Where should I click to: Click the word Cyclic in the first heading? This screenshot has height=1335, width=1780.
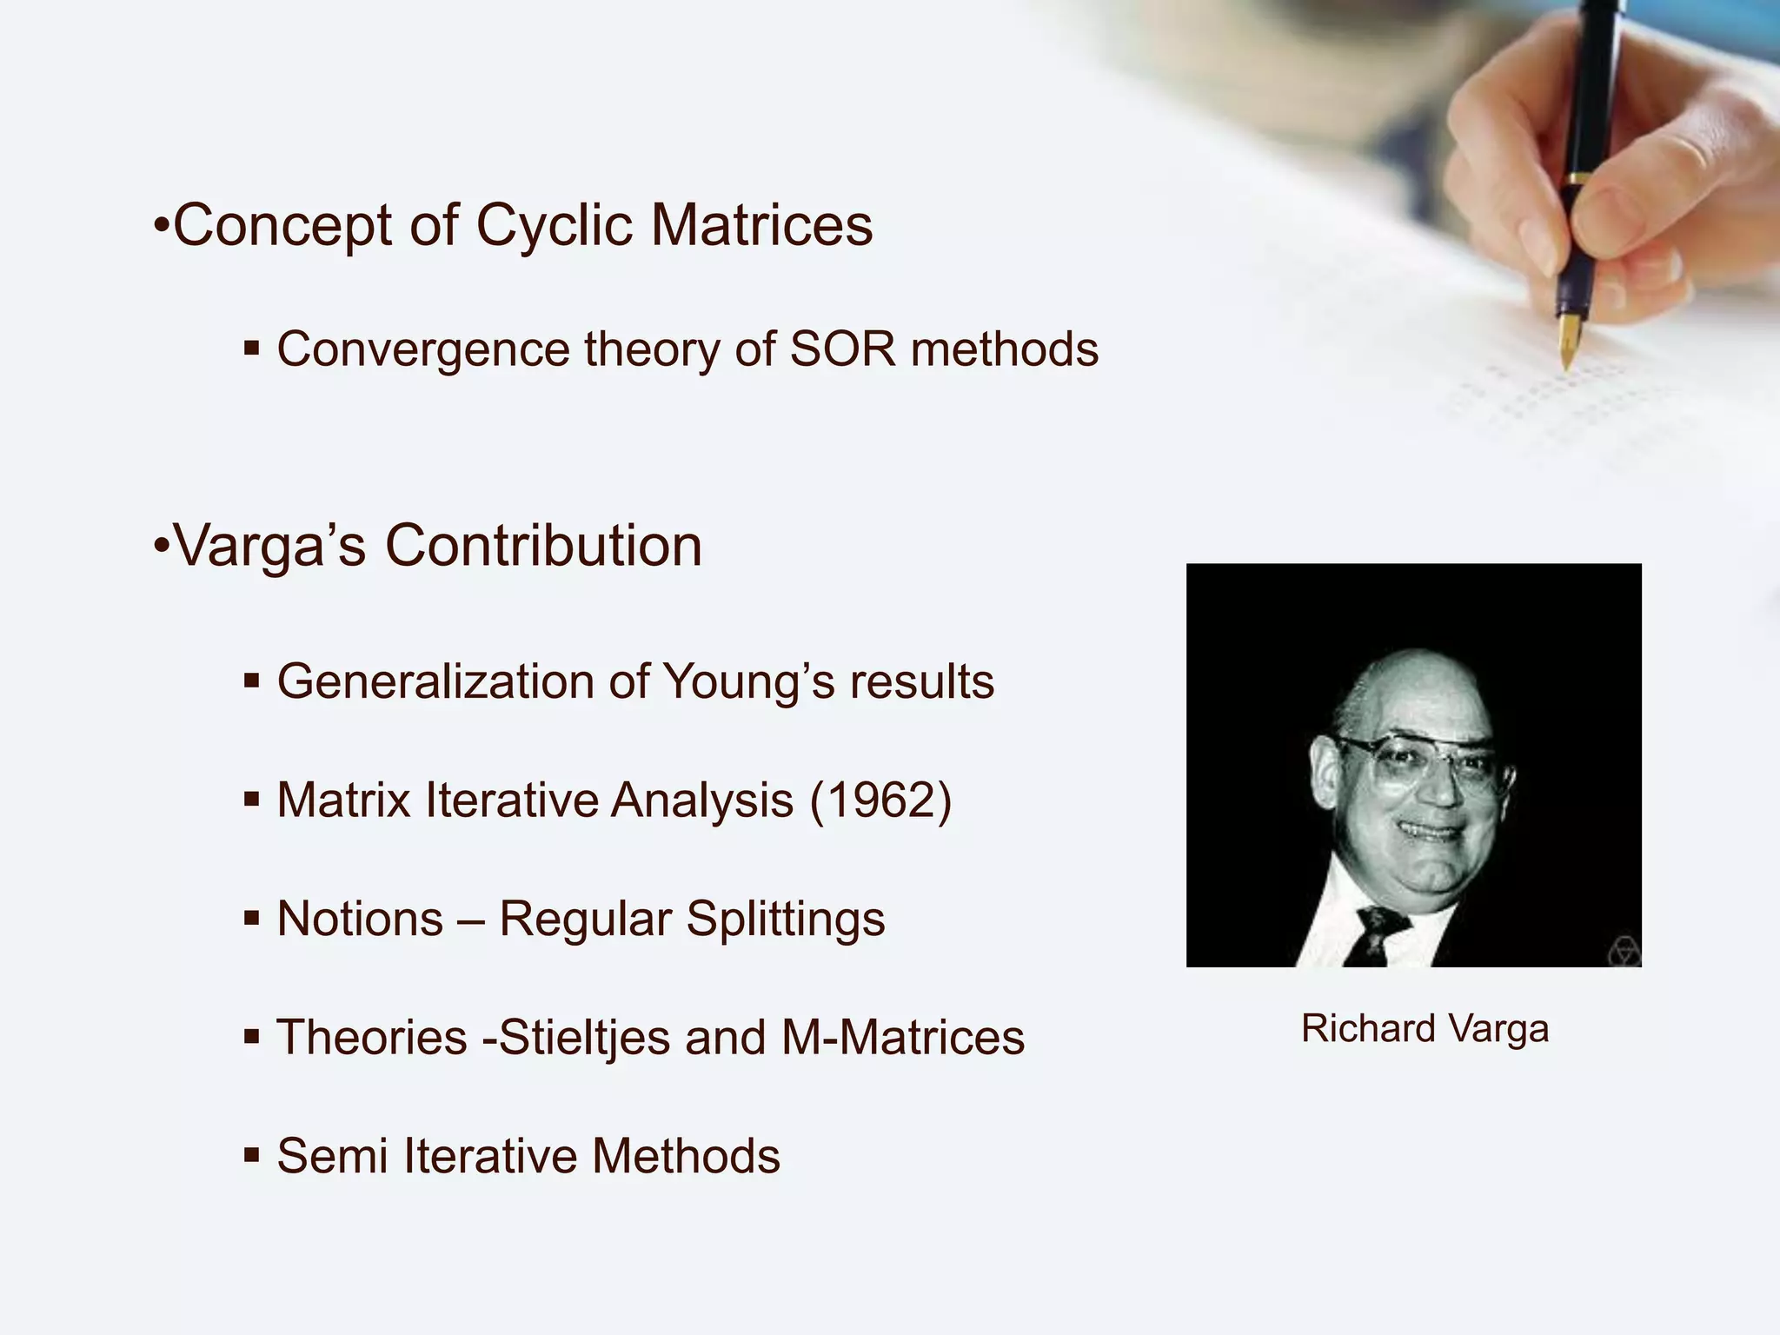554,226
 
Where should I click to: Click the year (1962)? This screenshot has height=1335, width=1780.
880,800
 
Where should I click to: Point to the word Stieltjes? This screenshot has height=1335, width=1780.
584,1038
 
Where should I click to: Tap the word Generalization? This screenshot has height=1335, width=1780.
435,681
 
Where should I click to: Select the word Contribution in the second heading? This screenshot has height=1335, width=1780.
543,546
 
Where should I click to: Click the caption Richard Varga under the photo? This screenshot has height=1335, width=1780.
1425,1029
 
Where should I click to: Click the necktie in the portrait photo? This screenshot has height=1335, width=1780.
1377,935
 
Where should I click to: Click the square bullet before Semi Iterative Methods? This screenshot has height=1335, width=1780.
252,1155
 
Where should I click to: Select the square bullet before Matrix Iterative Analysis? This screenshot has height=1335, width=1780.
252,799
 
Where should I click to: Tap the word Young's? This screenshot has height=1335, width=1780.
749,681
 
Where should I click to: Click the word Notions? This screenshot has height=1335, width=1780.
360,920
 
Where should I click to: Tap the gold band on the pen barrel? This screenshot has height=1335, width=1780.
1574,179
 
